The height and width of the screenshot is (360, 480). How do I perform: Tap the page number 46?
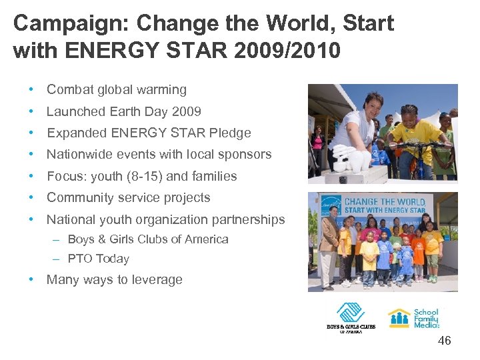pyautogui.click(x=444, y=341)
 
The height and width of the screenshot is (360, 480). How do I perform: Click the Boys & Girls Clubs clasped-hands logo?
pyautogui.click(x=350, y=313)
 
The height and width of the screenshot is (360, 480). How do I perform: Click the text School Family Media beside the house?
pyautogui.click(x=426, y=318)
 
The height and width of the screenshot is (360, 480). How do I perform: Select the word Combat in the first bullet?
pyautogui.click(x=69, y=89)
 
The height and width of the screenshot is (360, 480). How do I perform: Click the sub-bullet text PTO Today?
pyautogui.click(x=98, y=259)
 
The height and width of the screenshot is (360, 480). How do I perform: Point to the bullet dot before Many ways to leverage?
pyautogui.click(x=31, y=279)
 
